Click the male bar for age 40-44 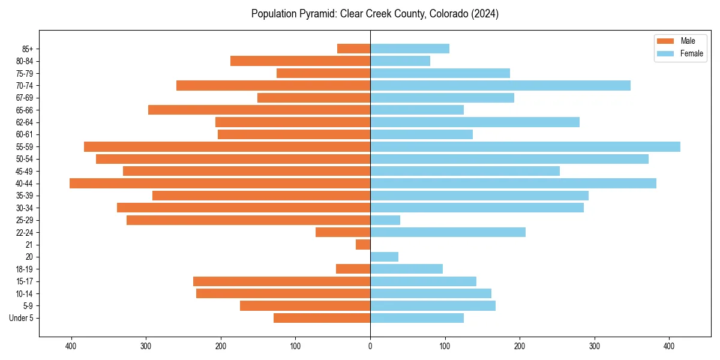click(x=220, y=184)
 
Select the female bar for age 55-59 click(x=525, y=146)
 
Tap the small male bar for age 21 click(x=363, y=245)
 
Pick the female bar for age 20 click(x=384, y=257)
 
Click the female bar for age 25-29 click(x=385, y=220)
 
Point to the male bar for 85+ click(x=353, y=49)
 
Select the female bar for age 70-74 click(x=500, y=85)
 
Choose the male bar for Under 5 click(x=322, y=318)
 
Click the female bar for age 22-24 click(x=448, y=232)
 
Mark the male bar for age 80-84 click(x=300, y=61)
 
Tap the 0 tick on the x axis click(x=370, y=346)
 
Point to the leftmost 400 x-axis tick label click(x=71, y=346)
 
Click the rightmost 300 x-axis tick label click(x=595, y=346)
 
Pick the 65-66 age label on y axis click(x=25, y=110)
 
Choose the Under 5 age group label click(x=22, y=318)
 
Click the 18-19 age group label click(x=25, y=269)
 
